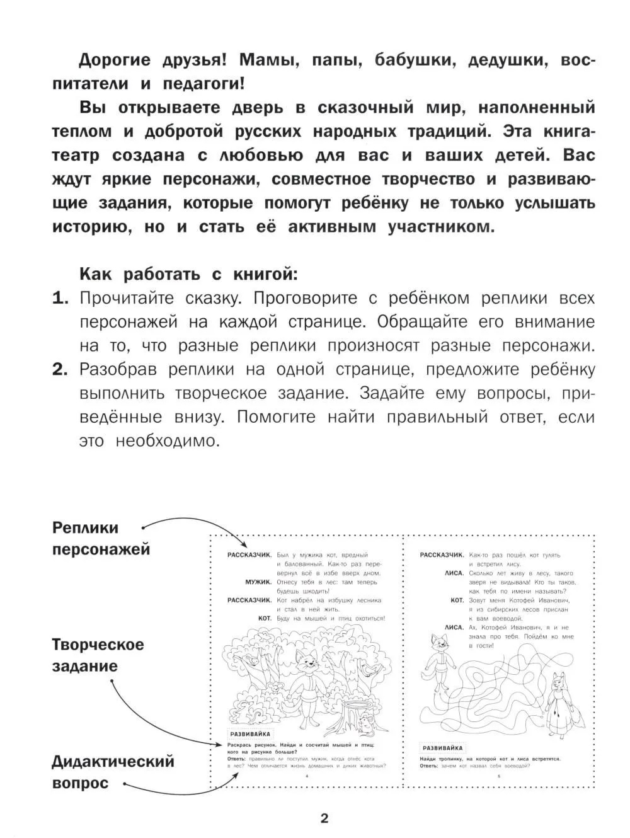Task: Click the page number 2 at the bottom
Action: click(x=324, y=818)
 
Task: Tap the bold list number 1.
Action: click(x=60, y=299)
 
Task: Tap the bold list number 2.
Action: click(x=60, y=370)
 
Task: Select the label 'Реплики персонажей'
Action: click(x=101, y=538)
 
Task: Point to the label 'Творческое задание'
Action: click(x=98, y=655)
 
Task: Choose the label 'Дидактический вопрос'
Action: click(x=113, y=772)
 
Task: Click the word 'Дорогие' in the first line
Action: click(x=115, y=60)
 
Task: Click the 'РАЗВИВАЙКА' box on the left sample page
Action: click(x=250, y=733)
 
